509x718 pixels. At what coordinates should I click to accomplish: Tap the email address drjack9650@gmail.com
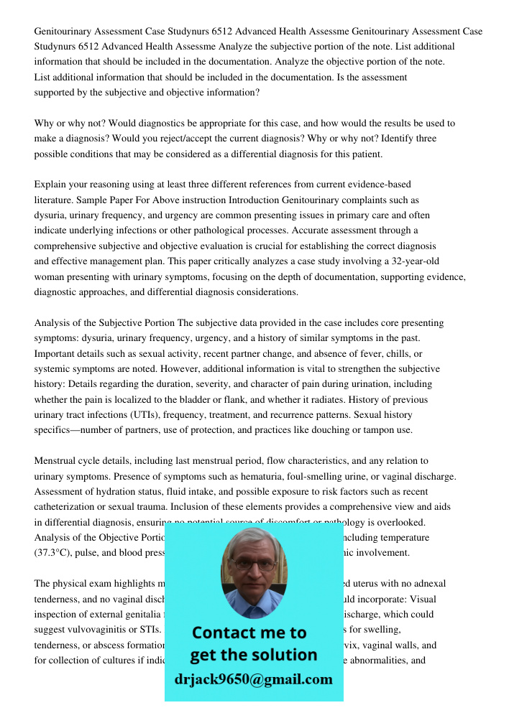[253, 679]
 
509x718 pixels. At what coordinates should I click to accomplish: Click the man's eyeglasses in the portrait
[253, 564]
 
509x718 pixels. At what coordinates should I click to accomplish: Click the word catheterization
[68, 507]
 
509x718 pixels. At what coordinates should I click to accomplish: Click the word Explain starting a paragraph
[51, 185]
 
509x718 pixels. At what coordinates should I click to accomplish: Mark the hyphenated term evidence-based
[386, 185]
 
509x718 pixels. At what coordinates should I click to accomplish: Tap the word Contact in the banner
[223, 633]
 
